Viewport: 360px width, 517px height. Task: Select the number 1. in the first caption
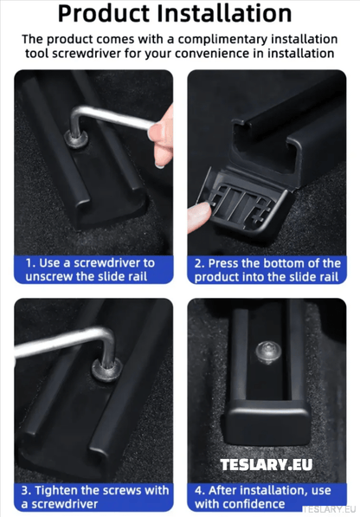click(29, 262)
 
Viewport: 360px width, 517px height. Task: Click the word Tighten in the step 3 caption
click(60, 490)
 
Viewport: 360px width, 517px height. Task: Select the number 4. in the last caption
click(201, 490)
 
